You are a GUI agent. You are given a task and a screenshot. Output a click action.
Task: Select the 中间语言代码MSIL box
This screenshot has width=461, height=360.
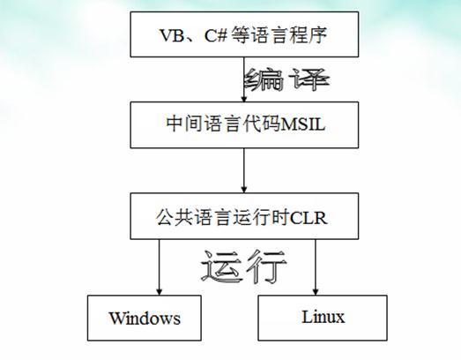pos(243,124)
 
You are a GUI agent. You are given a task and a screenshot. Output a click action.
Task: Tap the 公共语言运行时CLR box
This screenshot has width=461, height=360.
pos(243,214)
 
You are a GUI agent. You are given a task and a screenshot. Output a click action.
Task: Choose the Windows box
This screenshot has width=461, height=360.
pos(145,318)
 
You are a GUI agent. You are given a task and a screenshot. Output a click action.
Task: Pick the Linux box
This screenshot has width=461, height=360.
pos(323,317)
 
